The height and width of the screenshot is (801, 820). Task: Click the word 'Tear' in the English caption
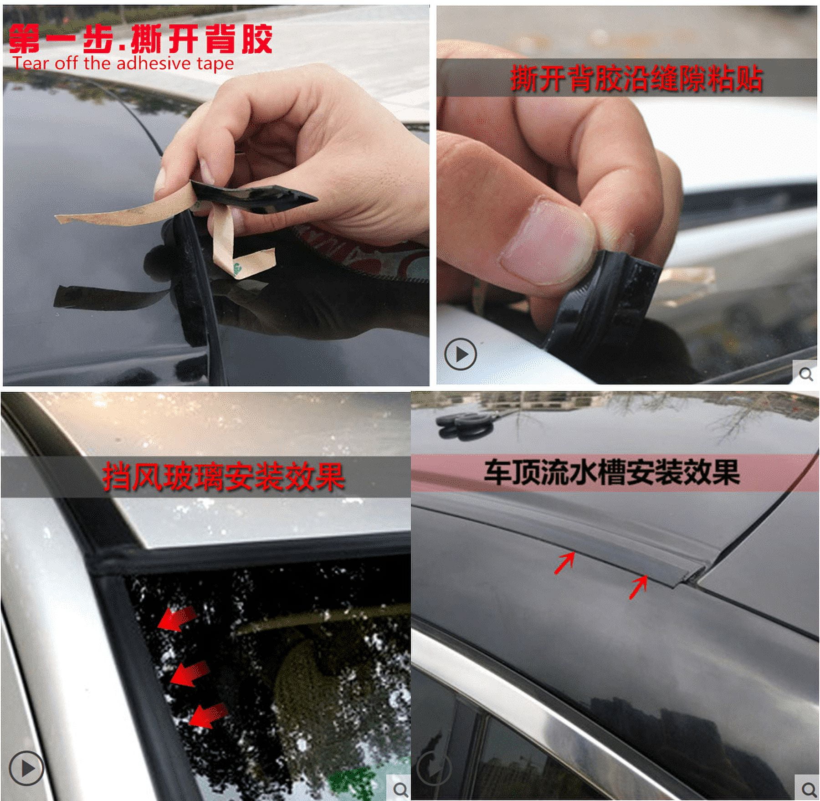(x=30, y=63)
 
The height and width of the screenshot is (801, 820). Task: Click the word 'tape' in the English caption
(x=215, y=64)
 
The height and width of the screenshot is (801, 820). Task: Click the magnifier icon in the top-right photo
(x=805, y=374)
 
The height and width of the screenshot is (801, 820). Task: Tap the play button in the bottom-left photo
(x=26, y=768)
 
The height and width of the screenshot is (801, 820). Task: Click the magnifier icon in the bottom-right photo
(x=808, y=788)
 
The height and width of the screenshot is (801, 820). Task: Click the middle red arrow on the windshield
(x=190, y=673)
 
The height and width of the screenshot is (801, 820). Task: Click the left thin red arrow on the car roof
(x=564, y=563)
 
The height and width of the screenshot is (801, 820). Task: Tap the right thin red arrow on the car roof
(x=638, y=587)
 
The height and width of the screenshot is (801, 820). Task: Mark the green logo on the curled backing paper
(x=238, y=267)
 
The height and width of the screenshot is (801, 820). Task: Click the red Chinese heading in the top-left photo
(x=140, y=39)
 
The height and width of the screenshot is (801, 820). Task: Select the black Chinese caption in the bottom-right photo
(x=611, y=472)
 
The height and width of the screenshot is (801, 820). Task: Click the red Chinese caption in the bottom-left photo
(x=223, y=477)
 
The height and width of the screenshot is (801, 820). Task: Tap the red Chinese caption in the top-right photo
(x=636, y=78)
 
